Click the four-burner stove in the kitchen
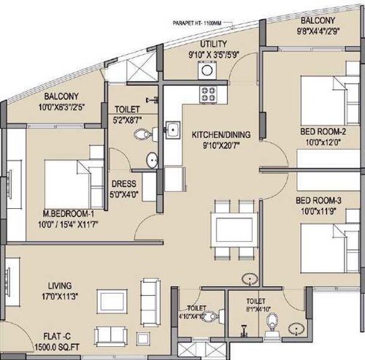210,94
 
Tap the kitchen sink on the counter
173,131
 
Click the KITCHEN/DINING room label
218,135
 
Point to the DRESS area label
121,185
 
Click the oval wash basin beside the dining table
250,279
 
